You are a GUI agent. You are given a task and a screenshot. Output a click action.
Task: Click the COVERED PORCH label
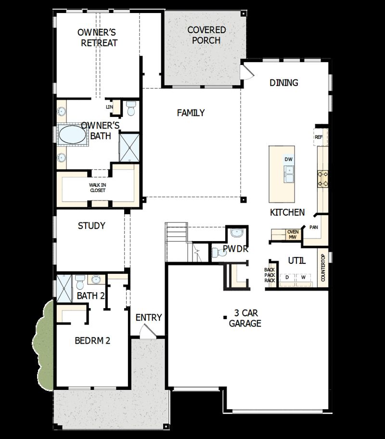pyautogui.click(x=206, y=35)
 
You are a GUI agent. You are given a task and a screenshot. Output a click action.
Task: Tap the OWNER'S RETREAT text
pyautogui.click(x=99, y=38)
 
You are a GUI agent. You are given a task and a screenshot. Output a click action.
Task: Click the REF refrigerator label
pyautogui.click(x=318, y=137)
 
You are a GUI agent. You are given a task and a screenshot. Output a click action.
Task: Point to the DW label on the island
pyautogui.click(x=288, y=159)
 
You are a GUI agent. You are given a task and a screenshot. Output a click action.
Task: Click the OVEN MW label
pyautogui.click(x=293, y=234)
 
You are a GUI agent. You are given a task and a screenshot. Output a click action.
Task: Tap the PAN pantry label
pyautogui.click(x=314, y=227)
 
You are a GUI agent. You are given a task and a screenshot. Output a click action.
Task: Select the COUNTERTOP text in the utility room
pyautogui.click(x=323, y=269)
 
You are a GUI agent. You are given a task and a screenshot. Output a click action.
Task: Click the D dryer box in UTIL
pyautogui.click(x=287, y=278)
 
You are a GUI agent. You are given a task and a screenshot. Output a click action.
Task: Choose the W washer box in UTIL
pyautogui.click(x=303, y=278)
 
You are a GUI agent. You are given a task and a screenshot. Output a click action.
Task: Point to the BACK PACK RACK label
pyautogui.click(x=269, y=275)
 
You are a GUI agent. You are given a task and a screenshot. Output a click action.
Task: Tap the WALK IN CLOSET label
pyautogui.click(x=97, y=187)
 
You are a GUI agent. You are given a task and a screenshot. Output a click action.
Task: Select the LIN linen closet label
pyautogui.click(x=109, y=107)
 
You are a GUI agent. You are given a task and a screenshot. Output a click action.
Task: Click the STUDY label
pyautogui.click(x=91, y=226)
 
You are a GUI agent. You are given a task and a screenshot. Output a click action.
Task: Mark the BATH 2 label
pyautogui.click(x=90, y=296)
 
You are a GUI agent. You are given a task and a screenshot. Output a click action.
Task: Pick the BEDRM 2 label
pyautogui.click(x=92, y=341)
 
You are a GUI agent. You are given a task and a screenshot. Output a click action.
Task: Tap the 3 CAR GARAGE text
pyautogui.click(x=245, y=318)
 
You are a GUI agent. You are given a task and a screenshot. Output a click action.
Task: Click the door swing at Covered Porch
pyautogui.click(x=247, y=71)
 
